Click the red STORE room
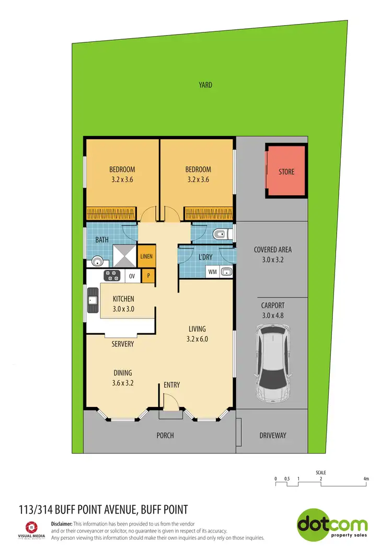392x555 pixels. (x=286, y=171)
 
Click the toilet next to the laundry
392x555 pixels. (x=221, y=234)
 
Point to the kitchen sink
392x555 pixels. (x=93, y=300)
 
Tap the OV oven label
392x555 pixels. (x=133, y=276)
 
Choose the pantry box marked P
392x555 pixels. (x=148, y=276)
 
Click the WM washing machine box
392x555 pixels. (x=213, y=272)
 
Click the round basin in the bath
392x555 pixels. (x=97, y=261)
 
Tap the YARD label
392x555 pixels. (x=205, y=85)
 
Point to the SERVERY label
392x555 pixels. (x=123, y=344)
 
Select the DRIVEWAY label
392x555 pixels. (x=273, y=435)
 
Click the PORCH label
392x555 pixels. (x=165, y=435)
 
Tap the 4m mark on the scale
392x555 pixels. (x=366, y=479)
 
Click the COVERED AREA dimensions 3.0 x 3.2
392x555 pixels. (x=272, y=259)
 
